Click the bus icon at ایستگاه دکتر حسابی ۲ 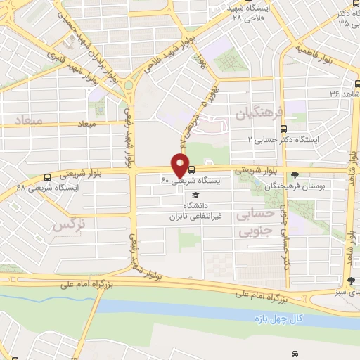coord(283,129)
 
